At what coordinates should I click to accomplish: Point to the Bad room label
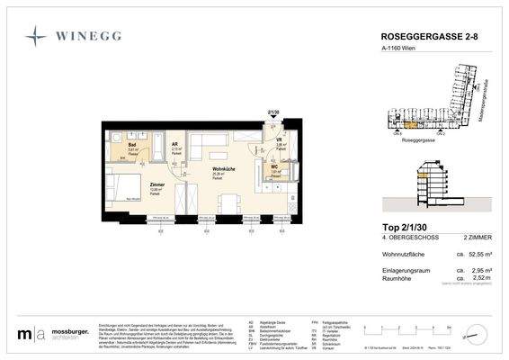tap(131, 144)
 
